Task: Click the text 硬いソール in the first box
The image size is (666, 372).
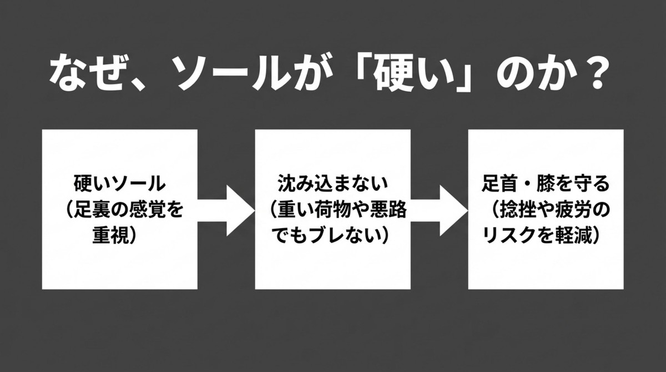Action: [120, 183]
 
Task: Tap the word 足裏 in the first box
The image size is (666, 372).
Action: [94, 210]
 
